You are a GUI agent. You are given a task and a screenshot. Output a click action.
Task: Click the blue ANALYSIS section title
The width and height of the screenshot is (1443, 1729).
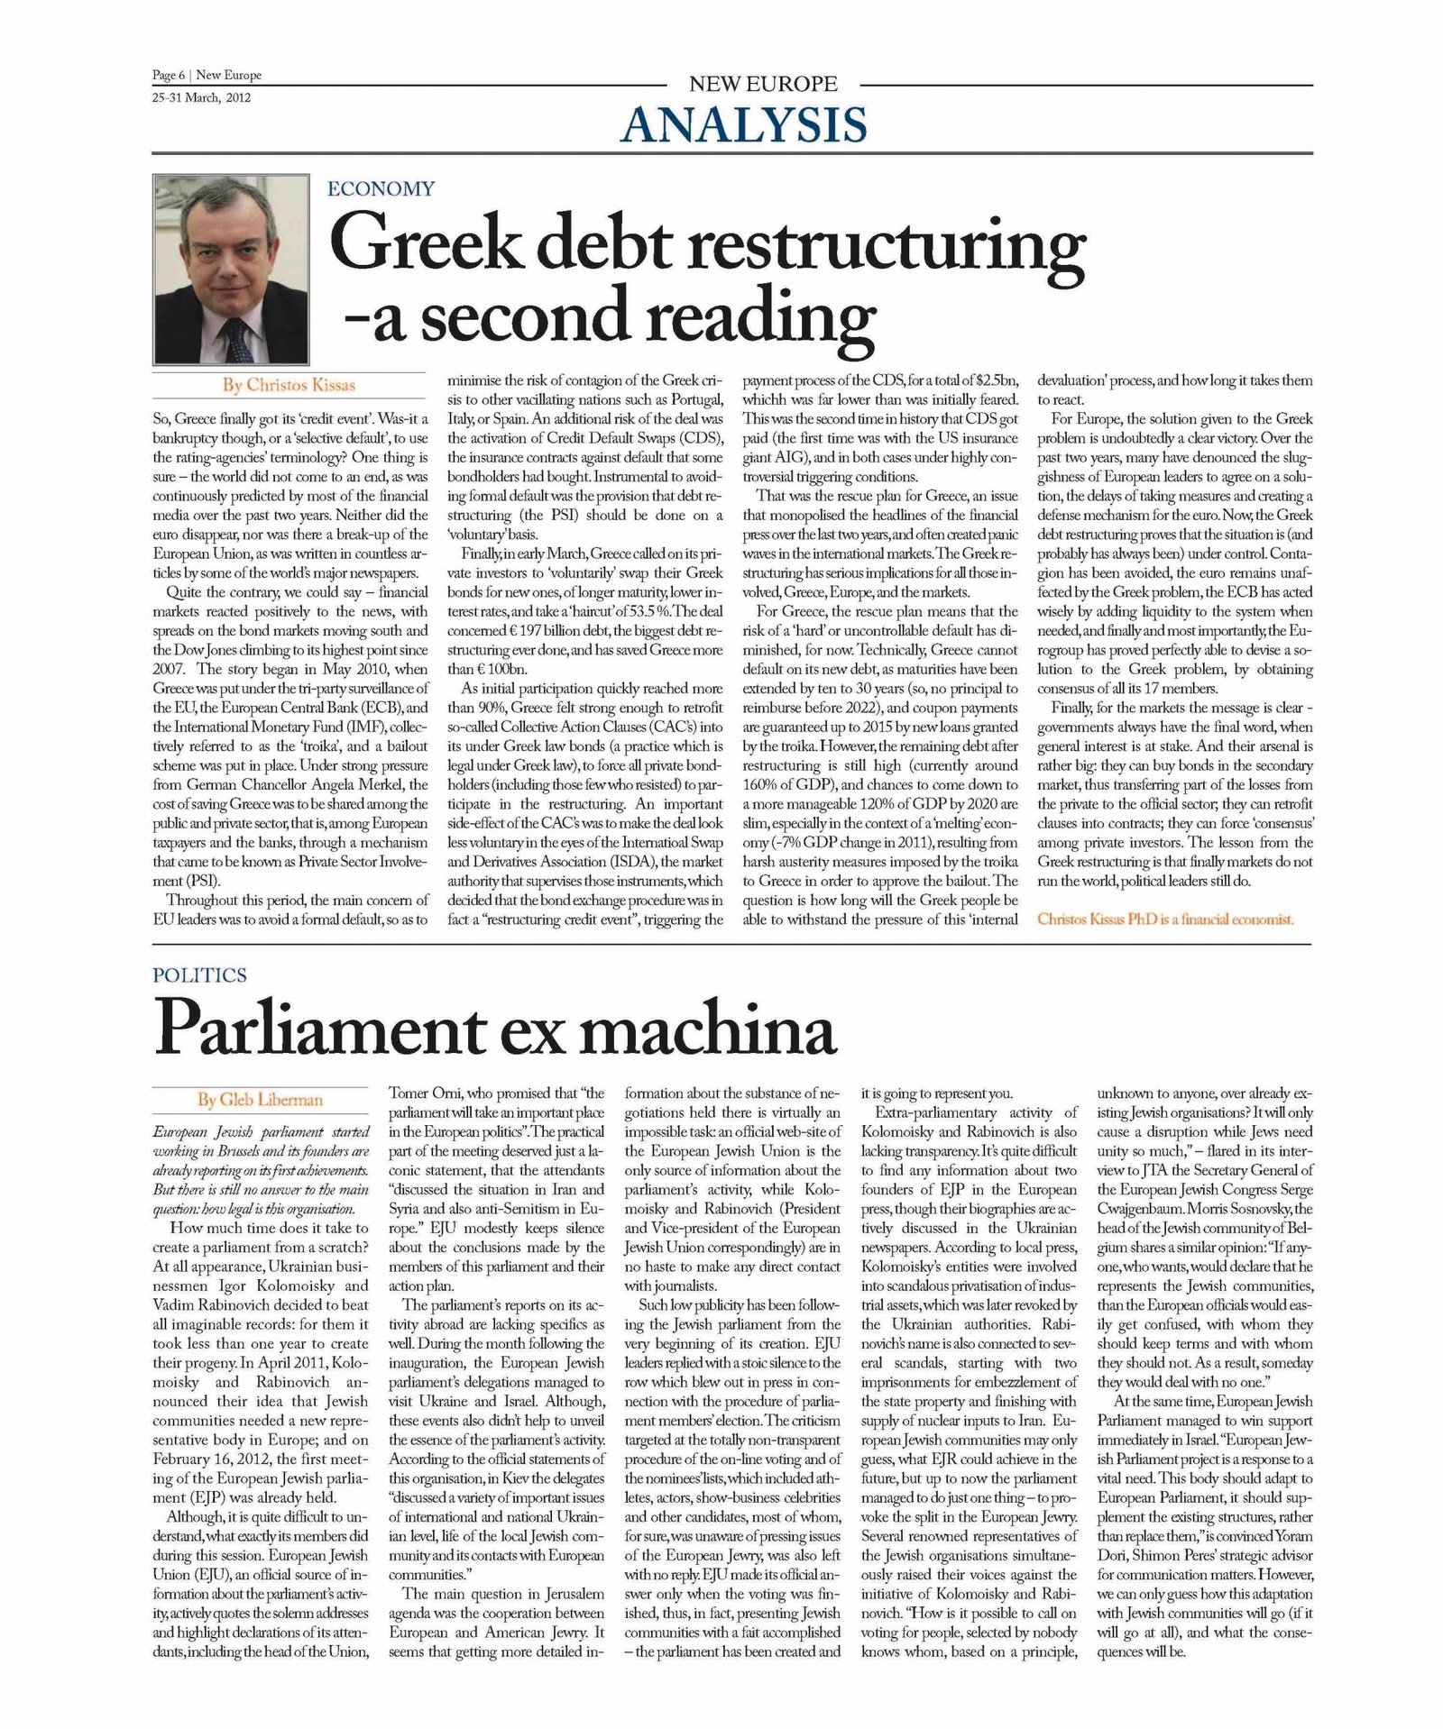(744, 125)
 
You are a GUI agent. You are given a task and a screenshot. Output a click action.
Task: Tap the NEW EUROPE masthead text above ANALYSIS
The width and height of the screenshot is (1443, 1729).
(763, 85)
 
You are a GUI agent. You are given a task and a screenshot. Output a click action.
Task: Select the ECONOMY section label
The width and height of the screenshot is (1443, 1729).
(381, 189)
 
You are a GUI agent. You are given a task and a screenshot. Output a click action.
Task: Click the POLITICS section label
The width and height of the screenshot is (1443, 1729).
(199, 974)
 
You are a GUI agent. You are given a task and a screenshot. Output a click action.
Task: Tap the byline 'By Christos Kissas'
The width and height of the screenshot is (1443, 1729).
(289, 385)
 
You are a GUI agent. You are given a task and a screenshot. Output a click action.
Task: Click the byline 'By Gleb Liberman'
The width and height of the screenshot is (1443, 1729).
(260, 1100)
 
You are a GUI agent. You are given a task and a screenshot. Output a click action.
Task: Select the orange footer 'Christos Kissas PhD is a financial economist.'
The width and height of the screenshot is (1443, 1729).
(1165, 919)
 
